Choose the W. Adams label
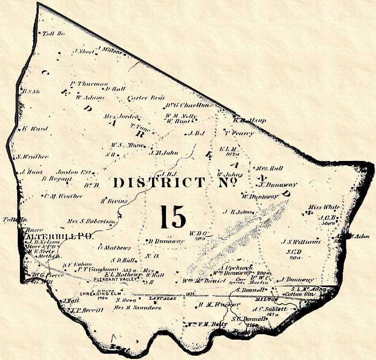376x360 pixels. [89, 98]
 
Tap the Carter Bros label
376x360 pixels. [141, 98]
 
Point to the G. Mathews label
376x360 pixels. [114, 247]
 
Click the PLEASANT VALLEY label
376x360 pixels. [115, 280]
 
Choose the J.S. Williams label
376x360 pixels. [305, 241]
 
